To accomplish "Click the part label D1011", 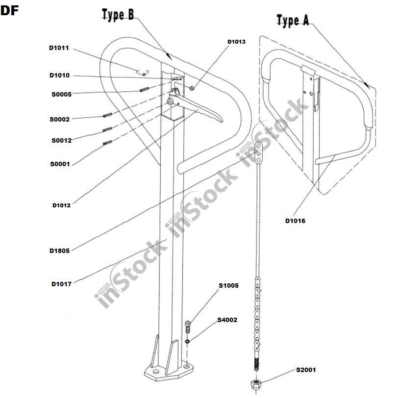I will [x=59, y=48].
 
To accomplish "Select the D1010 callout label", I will [x=59, y=75].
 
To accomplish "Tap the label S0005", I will [x=61, y=94].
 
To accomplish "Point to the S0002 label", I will [x=59, y=119].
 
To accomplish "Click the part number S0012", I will [x=61, y=141].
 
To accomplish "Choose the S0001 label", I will [x=60, y=164].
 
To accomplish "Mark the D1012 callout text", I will [x=61, y=205].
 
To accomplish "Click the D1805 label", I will [x=59, y=250].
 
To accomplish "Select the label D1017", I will [x=61, y=284].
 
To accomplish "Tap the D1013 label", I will [x=236, y=42].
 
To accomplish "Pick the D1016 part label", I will [x=295, y=221].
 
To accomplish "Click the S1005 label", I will [x=228, y=286].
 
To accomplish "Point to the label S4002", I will [x=227, y=320].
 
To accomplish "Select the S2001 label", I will [x=305, y=370].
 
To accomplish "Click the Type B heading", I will [x=118, y=15].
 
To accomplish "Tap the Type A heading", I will [x=293, y=21].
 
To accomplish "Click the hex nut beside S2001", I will [x=256, y=384].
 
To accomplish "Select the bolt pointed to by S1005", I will [x=188, y=324].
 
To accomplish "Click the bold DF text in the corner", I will [x=10, y=11].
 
